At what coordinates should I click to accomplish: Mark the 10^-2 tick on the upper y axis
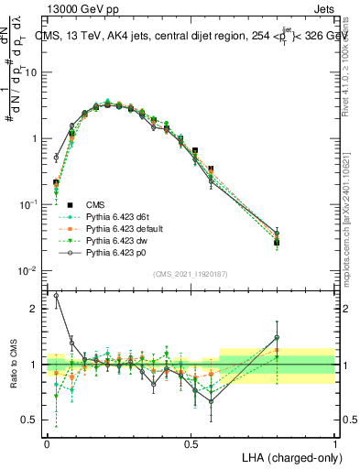coord(29,271)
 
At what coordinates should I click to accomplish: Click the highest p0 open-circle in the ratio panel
coord(56,295)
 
